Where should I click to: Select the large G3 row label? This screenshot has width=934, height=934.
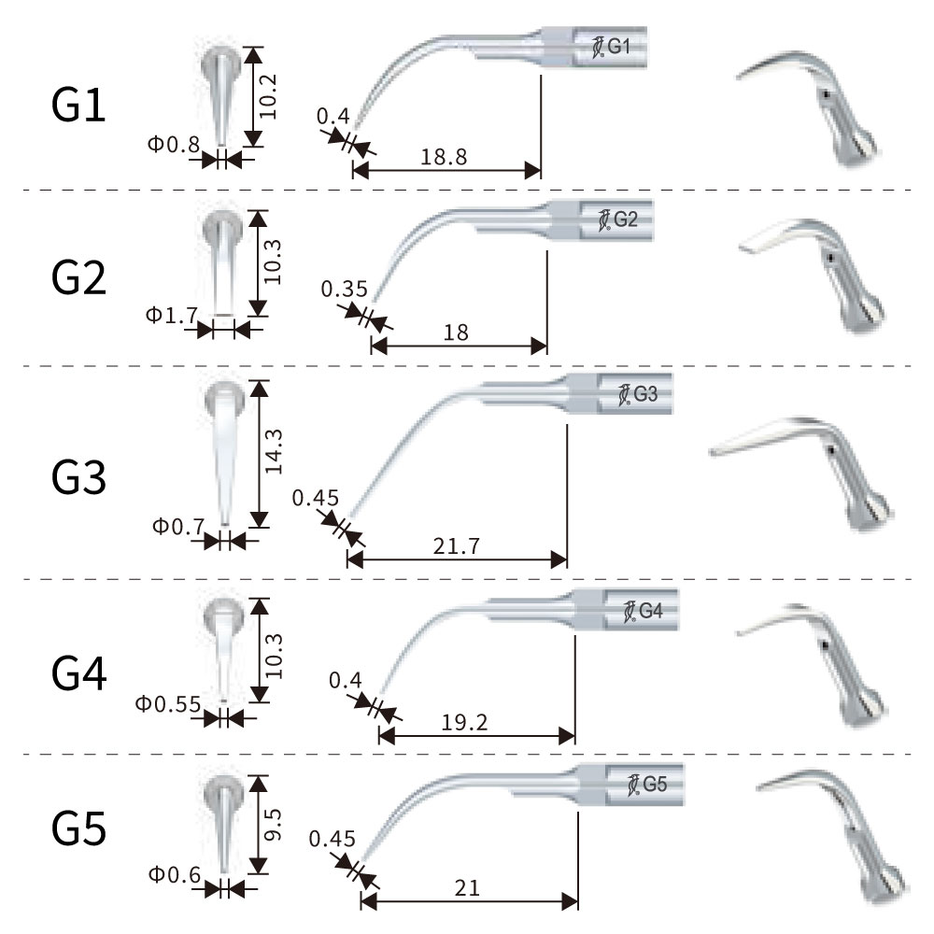point(78,476)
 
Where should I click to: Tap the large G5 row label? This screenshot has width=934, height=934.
point(78,828)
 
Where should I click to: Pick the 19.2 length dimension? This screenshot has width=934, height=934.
point(463,721)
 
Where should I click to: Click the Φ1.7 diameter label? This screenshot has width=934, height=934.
point(171,316)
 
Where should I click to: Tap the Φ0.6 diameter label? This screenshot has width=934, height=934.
point(174,874)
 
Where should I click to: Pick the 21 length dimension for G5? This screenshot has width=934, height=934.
point(469,888)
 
